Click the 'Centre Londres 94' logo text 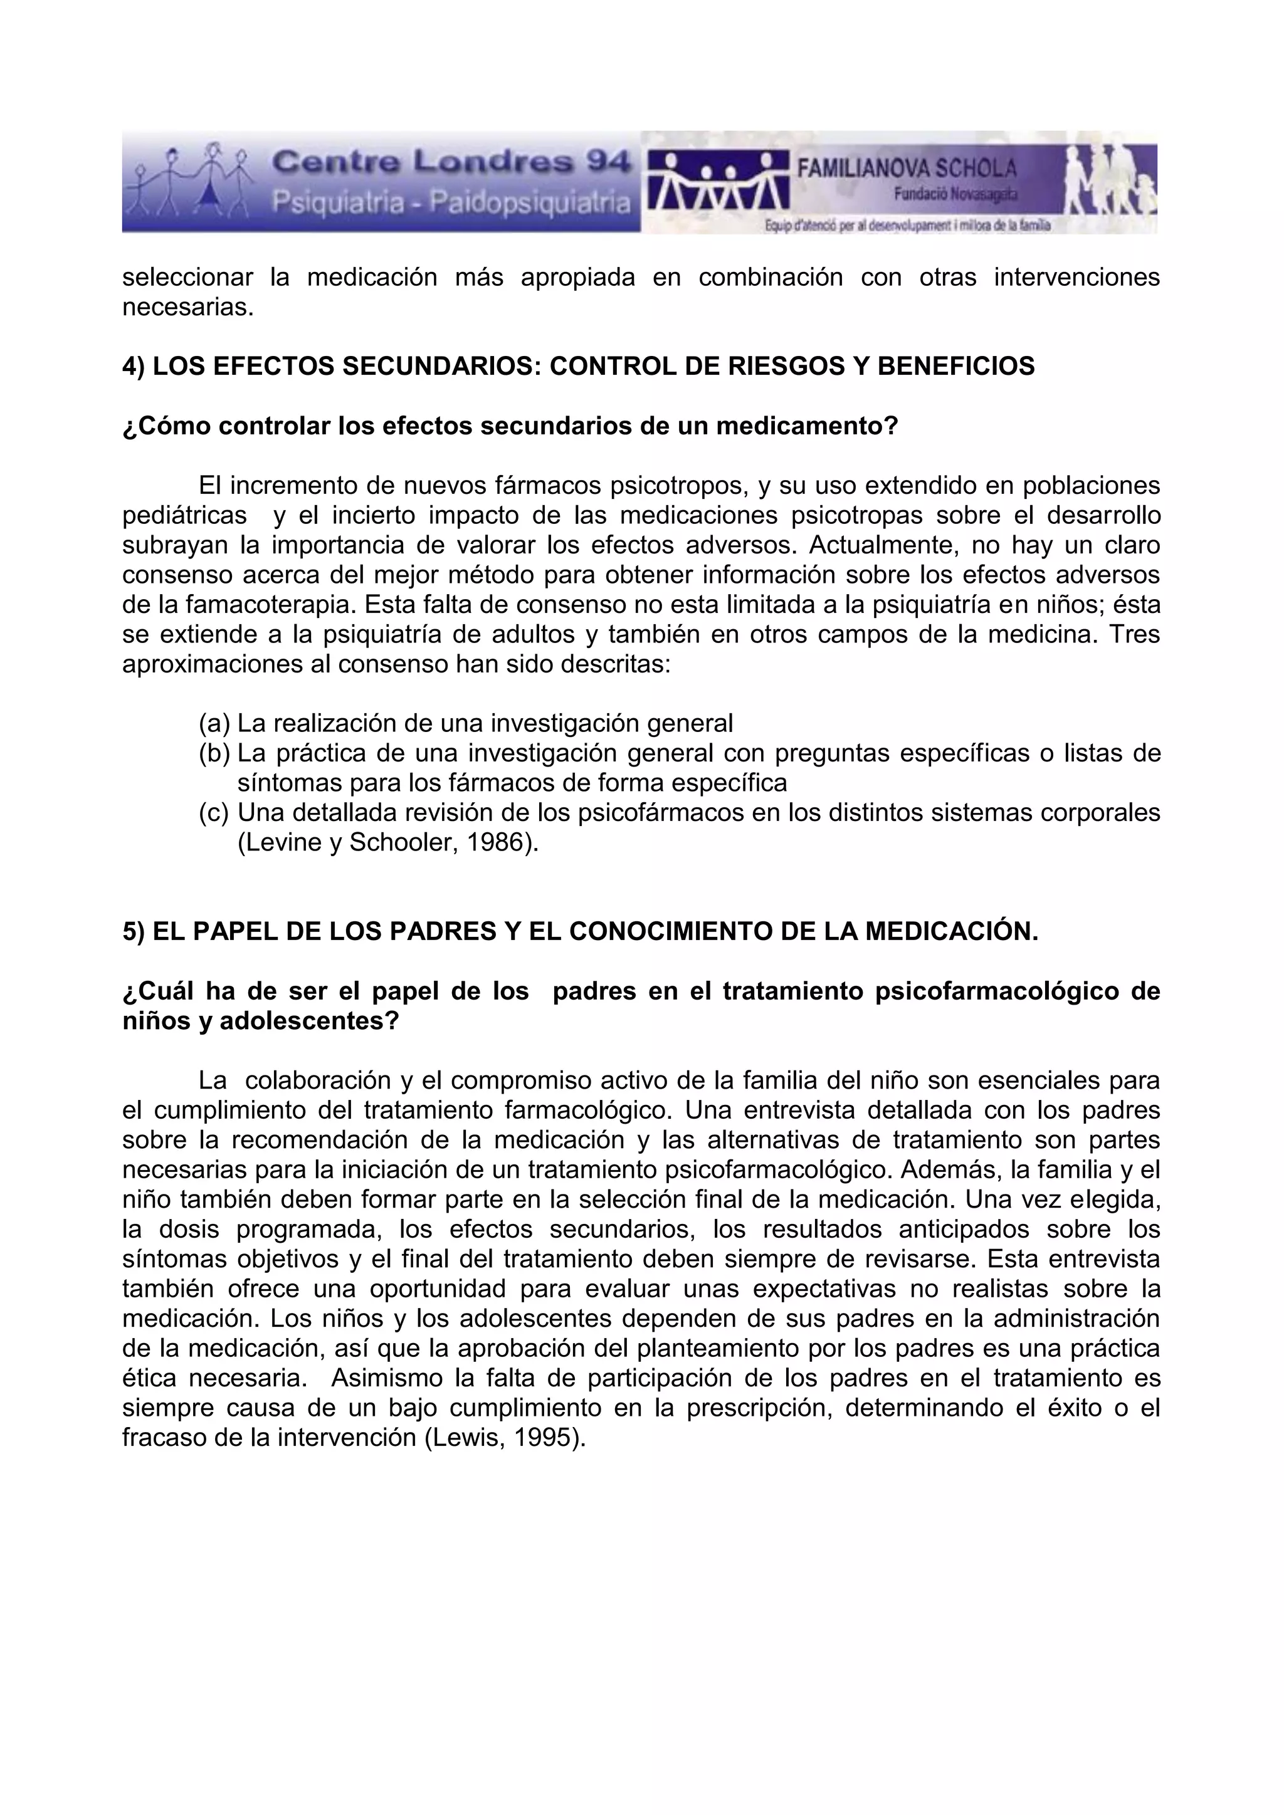click(451, 164)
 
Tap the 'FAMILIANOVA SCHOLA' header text click(906, 169)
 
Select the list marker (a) click(214, 723)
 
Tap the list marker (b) click(214, 753)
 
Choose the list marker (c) click(214, 813)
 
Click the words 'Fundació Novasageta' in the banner click(955, 194)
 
